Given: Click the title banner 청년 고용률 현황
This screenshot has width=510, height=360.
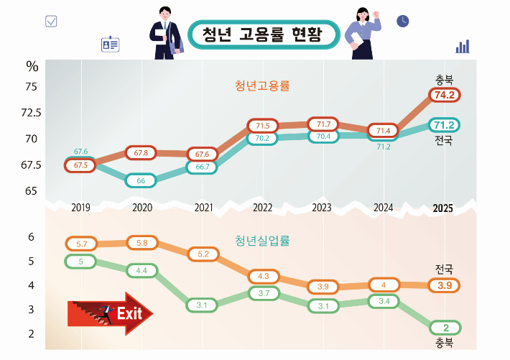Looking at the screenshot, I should (263, 34).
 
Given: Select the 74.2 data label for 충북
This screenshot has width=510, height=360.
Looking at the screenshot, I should (443, 95).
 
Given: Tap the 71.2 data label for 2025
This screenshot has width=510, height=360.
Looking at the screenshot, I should (443, 126).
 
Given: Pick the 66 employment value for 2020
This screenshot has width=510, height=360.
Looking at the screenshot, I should (142, 180).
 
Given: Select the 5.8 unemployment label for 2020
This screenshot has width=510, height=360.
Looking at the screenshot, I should (142, 243).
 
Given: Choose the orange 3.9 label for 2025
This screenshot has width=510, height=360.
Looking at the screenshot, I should (443, 285).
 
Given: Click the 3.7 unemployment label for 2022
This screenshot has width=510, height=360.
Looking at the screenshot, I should (263, 293).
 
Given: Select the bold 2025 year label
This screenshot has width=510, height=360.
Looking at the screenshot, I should (442, 209).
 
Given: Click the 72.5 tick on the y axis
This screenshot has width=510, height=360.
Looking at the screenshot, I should (31, 113).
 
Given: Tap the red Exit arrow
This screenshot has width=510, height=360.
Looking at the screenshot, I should (110, 313).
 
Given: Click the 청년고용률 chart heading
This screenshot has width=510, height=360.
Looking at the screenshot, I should (261, 86).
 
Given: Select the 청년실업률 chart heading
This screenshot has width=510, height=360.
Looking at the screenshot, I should (261, 241).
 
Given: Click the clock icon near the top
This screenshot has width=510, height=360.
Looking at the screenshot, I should (403, 21).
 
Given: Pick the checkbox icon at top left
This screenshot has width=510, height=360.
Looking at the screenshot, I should (51, 21).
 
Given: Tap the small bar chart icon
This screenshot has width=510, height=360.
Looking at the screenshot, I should (463, 47).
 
